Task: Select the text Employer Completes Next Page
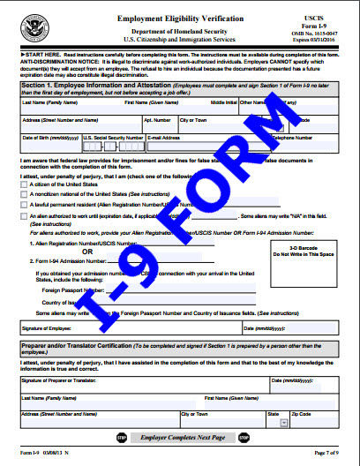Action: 180,437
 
